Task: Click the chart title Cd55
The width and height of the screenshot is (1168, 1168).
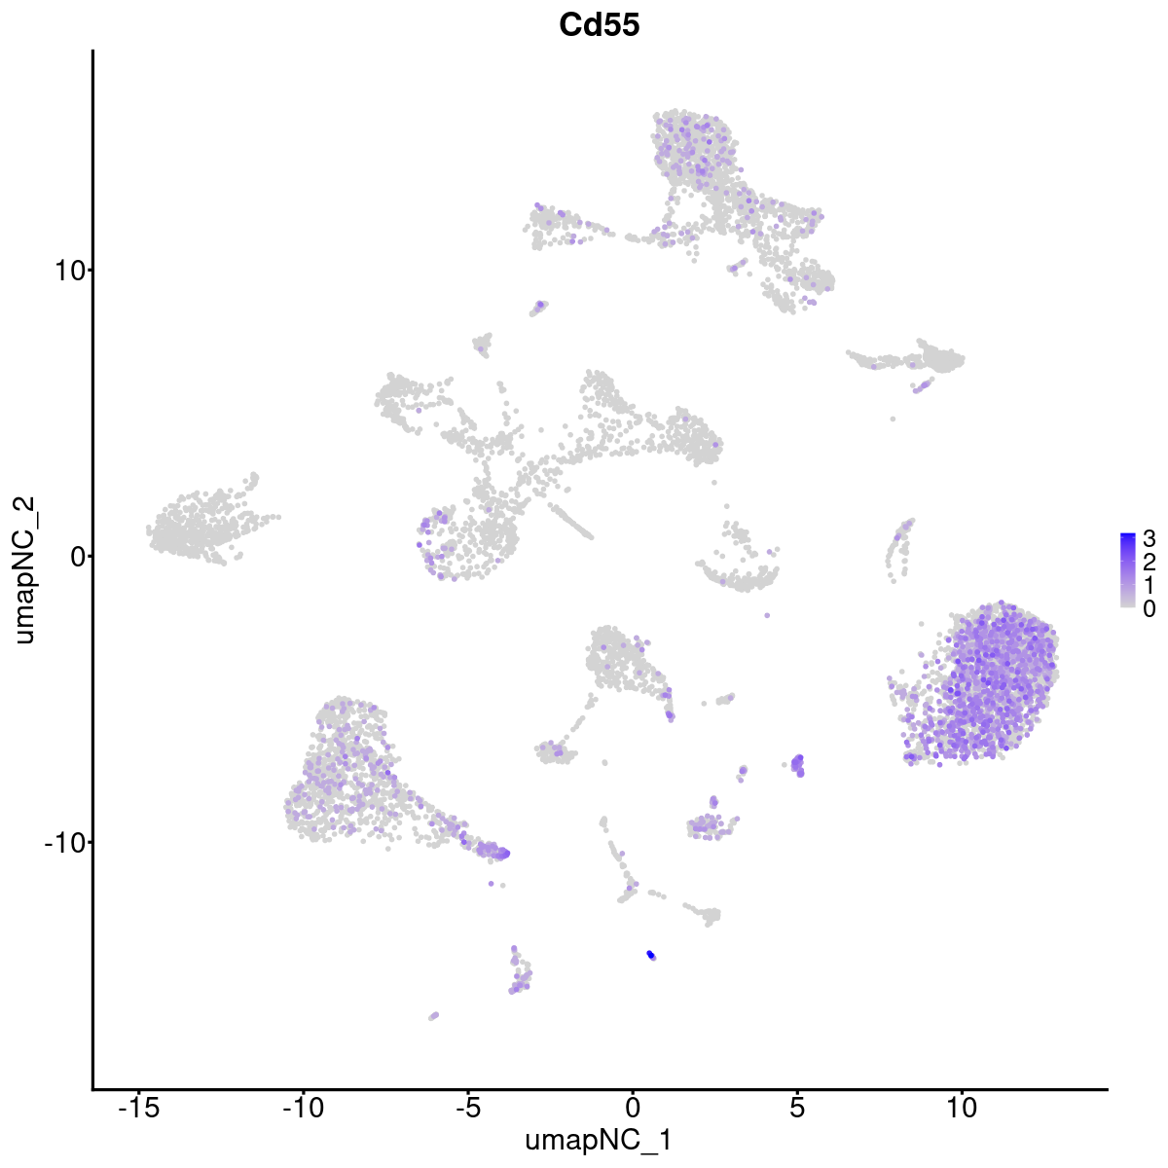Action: (x=599, y=25)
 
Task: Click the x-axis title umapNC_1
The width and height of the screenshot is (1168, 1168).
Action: (x=599, y=1140)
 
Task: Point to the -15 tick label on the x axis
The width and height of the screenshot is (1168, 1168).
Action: (x=138, y=1108)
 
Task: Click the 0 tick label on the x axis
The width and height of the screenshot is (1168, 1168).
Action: (x=633, y=1108)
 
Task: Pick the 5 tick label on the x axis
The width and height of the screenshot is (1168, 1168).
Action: (x=797, y=1108)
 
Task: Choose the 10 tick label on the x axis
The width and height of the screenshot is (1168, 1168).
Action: (x=962, y=1108)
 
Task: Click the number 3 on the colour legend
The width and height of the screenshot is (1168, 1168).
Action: (x=1150, y=538)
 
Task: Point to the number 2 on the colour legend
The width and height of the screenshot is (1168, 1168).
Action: (x=1150, y=562)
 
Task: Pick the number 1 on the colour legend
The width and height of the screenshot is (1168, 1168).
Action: (x=1150, y=585)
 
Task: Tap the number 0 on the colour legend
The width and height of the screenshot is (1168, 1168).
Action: (x=1150, y=608)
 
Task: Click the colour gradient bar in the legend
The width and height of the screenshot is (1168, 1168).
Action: (x=1128, y=570)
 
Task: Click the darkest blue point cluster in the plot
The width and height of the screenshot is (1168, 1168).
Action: (x=650, y=955)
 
